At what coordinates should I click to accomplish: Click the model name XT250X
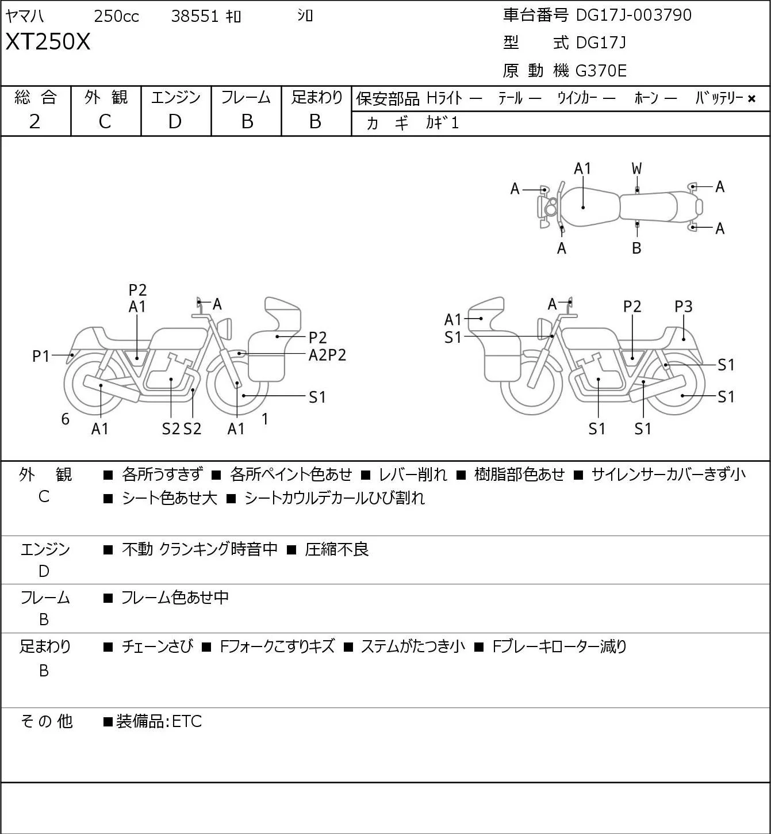coord(48,42)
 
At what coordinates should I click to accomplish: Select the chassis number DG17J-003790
coord(634,15)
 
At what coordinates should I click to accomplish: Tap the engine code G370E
coord(601,71)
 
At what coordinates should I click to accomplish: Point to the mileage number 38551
coord(195,16)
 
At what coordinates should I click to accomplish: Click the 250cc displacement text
coord(116,16)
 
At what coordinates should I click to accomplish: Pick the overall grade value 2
coord(35,122)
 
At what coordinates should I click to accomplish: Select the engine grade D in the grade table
coord(175,122)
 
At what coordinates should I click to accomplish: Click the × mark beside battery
coord(751,99)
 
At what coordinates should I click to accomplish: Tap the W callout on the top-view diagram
coord(636,169)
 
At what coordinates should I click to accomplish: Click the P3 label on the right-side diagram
coord(683,307)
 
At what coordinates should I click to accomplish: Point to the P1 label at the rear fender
coord(41,357)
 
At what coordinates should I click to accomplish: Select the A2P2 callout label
coord(327,355)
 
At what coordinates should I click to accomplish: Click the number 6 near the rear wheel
coord(65,419)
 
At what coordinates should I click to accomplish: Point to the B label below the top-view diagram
coord(636,248)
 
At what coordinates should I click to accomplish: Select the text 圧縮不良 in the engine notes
coord(337,549)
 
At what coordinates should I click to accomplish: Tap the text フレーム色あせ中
coord(175,598)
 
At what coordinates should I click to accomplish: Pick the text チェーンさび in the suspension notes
coord(158,646)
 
